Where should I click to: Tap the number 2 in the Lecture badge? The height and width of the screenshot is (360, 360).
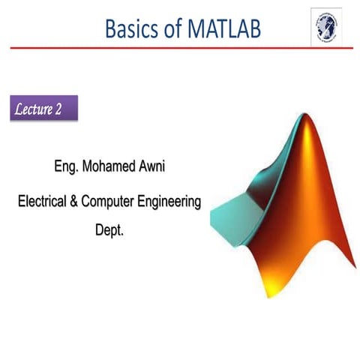(58, 109)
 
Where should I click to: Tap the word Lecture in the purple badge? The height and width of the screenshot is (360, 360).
(34, 109)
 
